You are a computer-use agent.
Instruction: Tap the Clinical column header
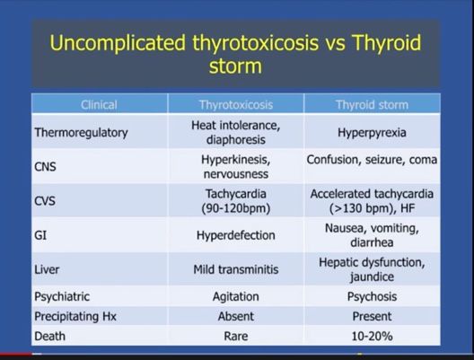tap(99, 105)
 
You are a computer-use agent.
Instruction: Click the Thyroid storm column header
tap(371, 105)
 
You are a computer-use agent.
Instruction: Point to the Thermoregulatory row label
tap(82, 133)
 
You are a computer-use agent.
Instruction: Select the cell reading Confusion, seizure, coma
tap(371, 160)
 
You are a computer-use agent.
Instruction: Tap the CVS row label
tap(48, 200)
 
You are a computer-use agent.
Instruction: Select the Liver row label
tap(47, 268)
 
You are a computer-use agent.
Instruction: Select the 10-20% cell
tap(371, 337)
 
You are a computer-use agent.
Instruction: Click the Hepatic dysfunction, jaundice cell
tap(371, 268)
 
